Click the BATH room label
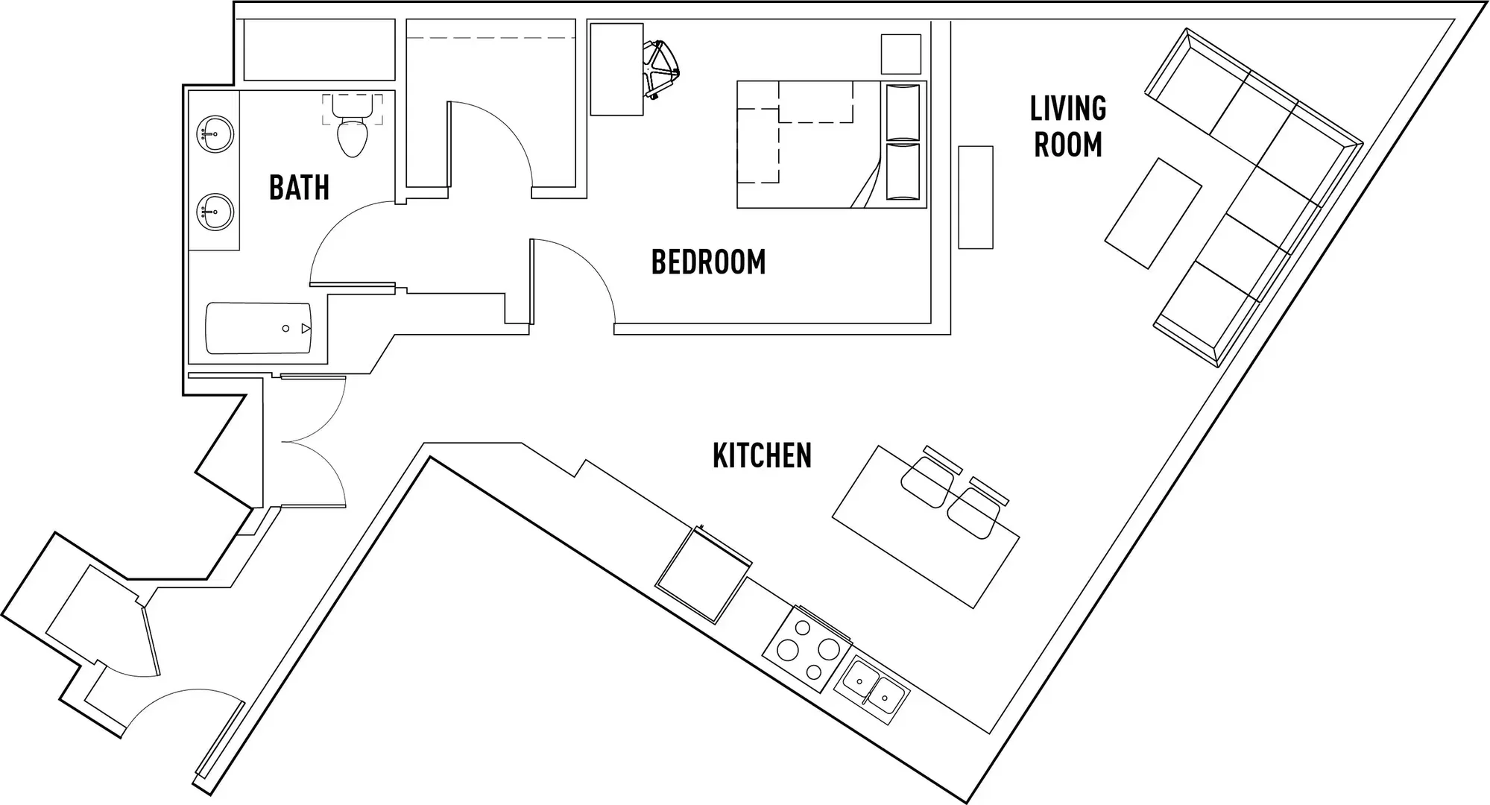point(299,187)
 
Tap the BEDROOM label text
point(708,262)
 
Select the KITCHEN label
point(762,455)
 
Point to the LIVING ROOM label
point(1067,127)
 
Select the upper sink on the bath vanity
point(215,134)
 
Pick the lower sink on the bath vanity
point(215,212)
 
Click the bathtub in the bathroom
point(258,328)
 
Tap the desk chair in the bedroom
point(661,70)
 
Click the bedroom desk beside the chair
point(616,69)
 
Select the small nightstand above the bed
point(900,54)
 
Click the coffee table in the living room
point(1152,213)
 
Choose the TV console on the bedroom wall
point(975,198)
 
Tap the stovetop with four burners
point(806,649)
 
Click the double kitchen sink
point(871,690)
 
